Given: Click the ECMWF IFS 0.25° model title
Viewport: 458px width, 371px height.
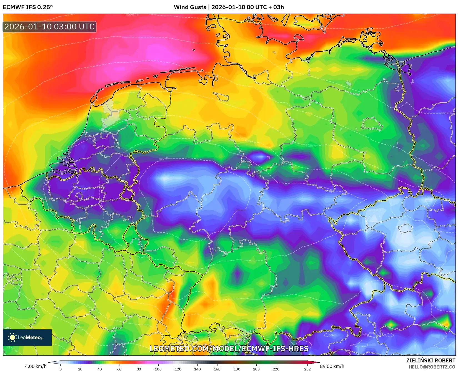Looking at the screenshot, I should point(27,7).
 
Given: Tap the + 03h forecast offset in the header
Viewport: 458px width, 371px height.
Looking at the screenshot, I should point(276,7).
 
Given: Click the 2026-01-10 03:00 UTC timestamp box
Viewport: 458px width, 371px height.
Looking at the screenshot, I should point(49,27).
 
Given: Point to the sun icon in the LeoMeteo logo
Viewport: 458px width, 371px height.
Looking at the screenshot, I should point(12,337).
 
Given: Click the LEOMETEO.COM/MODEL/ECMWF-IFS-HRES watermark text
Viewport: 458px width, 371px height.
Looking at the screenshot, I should point(229,349).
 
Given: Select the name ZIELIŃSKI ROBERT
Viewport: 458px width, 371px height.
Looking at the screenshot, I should point(431,360).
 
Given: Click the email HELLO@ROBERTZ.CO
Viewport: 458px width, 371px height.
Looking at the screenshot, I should point(432,367).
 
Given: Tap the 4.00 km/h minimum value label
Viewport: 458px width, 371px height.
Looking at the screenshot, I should point(36,366).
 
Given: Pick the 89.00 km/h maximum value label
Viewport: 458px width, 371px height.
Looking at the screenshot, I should point(332,366).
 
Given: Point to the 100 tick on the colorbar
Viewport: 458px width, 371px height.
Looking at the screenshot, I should point(158,369).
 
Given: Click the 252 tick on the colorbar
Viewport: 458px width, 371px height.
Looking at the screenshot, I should point(307,369).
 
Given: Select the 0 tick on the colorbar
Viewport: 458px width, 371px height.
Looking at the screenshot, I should point(61,369).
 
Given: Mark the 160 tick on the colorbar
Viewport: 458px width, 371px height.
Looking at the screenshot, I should point(217,369).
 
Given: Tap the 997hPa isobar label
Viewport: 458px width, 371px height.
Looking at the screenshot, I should point(164,159).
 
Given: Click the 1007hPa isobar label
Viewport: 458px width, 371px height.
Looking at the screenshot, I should point(447,113).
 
